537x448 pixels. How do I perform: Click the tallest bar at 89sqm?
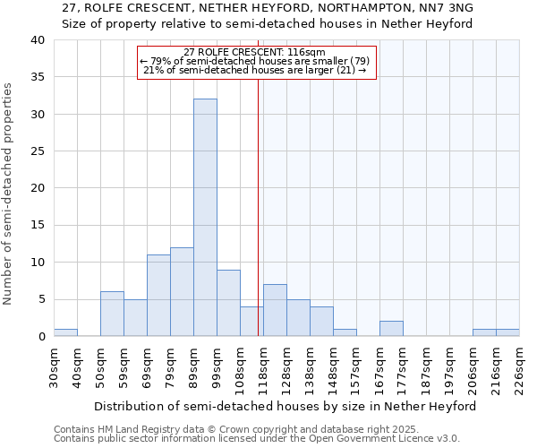pyautogui.click(x=205, y=218)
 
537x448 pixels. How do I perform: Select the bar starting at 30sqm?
pyautogui.click(x=65, y=332)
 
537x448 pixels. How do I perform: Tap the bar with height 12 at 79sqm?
pyautogui.click(x=182, y=292)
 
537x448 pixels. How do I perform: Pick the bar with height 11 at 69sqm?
pyautogui.click(x=158, y=296)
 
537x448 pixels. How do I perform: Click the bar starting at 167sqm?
pyautogui.click(x=391, y=329)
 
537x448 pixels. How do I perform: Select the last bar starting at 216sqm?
pyautogui.click(x=507, y=332)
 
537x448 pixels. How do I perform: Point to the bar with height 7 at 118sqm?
pyautogui.click(x=275, y=310)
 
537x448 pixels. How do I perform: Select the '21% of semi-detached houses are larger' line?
pyautogui.click(x=255, y=70)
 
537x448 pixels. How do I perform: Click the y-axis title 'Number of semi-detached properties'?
pyautogui.click(x=9, y=193)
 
